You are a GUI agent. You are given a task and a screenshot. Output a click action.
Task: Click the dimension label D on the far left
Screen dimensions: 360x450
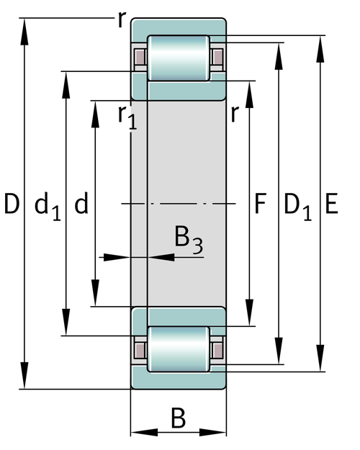pyautogui.click(x=12, y=204)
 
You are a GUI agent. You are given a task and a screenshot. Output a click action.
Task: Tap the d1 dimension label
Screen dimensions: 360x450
pyautogui.click(x=48, y=207)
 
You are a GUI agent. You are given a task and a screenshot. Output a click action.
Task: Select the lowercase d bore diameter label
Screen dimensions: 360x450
pyautogui.click(x=81, y=203)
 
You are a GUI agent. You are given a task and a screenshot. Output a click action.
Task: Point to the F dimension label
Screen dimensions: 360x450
pyautogui.click(x=261, y=204)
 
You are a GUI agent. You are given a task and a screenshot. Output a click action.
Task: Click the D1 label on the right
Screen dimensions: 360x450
pyautogui.click(x=297, y=207)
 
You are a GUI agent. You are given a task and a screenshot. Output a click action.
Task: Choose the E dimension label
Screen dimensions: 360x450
pyautogui.click(x=332, y=204)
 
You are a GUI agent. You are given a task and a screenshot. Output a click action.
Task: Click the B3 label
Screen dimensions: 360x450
pyautogui.click(x=189, y=240)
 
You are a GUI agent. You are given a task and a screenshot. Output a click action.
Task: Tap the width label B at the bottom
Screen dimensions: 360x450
pyautogui.click(x=179, y=418)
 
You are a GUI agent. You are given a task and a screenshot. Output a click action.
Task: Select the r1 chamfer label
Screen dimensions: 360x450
pyautogui.click(x=127, y=117)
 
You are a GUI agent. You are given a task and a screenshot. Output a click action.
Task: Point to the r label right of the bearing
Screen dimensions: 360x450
pyautogui.click(x=235, y=114)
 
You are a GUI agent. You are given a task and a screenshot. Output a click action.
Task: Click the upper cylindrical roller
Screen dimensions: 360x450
pyautogui.click(x=179, y=58)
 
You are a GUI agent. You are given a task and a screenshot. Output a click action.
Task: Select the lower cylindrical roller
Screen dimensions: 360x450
pyautogui.click(x=179, y=349)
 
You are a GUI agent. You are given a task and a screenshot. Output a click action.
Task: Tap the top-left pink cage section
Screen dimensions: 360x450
pyautogui.click(x=140, y=58)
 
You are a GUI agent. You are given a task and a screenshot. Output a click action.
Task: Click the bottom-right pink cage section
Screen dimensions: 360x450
pyautogui.click(x=217, y=350)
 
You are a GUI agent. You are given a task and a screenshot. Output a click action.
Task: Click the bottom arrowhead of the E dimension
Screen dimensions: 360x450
pyautogui.click(x=320, y=358)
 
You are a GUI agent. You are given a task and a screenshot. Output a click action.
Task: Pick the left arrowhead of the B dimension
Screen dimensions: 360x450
pyautogui.click(x=144, y=432)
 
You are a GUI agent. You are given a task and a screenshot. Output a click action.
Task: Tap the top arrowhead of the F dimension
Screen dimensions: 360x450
pyautogui.click(x=249, y=95)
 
